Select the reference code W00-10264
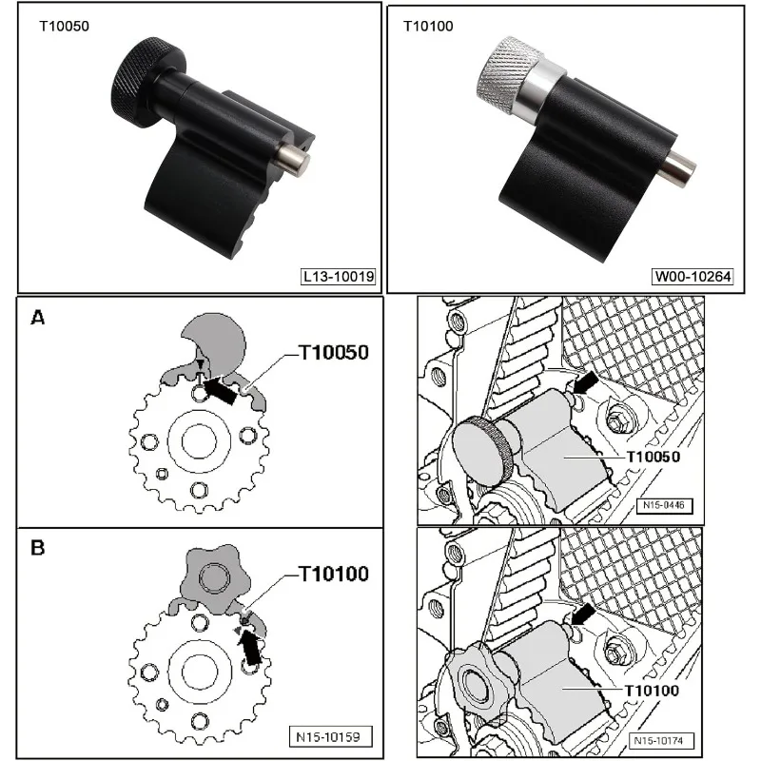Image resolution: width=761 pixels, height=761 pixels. (x=693, y=278)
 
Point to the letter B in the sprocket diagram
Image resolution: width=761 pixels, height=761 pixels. (x=38, y=549)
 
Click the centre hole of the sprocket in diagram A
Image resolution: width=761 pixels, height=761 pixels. (x=198, y=442)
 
